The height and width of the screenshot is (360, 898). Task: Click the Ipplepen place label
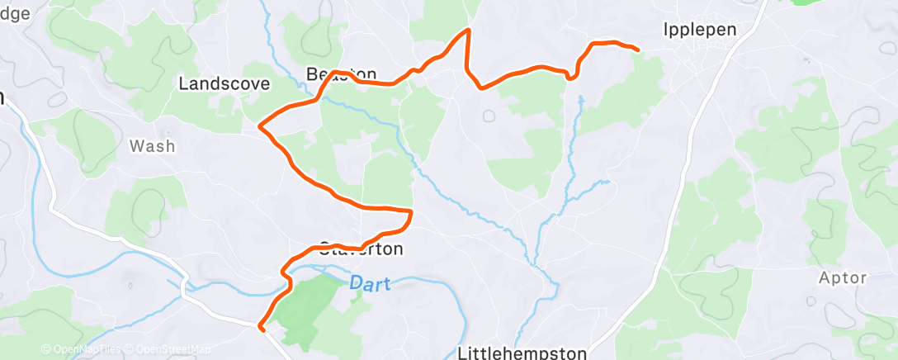click(x=699, y=30)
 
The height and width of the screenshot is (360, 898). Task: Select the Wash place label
click(x=153, y=146)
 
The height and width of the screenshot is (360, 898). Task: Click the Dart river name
click(x=366, y=282)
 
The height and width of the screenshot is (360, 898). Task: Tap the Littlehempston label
click(x=522, y=353)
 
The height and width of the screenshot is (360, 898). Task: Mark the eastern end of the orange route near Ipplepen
click(x=638, y=50)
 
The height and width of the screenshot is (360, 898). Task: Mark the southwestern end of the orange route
click(x=262, y=329)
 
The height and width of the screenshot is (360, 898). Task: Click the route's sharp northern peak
click(x=469, y=30)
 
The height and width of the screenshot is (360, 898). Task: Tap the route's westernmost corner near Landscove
click(x=260, y=126)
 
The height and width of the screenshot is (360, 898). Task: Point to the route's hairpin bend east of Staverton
click(x=410, y=214)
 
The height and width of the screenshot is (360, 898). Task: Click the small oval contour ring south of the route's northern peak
click(x=489, y=116)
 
